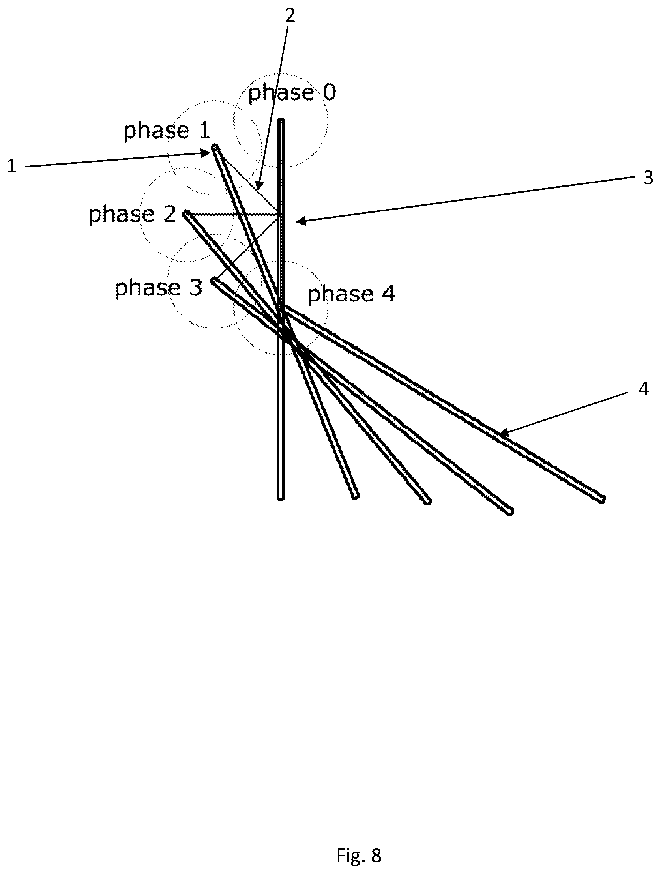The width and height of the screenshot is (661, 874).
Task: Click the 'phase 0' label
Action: point(292,93)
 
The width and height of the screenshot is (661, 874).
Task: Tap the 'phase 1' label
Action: point(167,131)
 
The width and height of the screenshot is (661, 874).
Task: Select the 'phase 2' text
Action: point(132,215)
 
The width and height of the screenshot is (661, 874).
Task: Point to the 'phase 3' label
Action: point(158,288)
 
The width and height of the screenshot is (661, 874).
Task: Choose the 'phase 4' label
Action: point(351,294)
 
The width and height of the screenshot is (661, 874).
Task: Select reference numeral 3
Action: point(648,178)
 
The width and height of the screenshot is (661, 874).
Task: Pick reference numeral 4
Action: point(644,389)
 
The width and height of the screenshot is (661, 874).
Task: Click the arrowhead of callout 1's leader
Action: point(208,153)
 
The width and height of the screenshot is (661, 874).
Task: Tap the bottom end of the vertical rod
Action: point(281,498)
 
